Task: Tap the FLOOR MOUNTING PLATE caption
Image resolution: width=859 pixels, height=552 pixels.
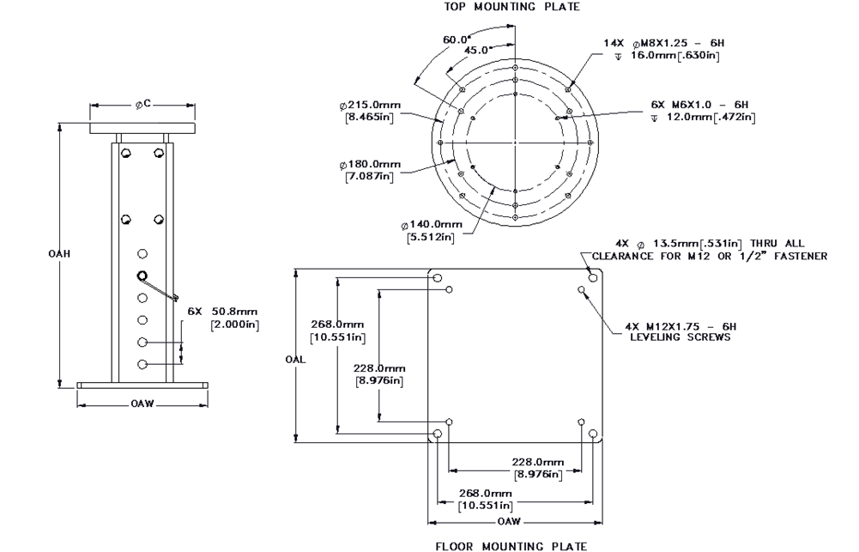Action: coord(511,545)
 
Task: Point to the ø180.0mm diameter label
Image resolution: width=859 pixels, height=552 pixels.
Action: coord(370,164)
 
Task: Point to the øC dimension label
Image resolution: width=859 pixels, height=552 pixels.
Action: coord(142,104)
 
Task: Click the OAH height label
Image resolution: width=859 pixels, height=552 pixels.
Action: coord(59,254)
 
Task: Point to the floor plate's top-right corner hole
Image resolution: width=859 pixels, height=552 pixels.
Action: coord(592,279)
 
